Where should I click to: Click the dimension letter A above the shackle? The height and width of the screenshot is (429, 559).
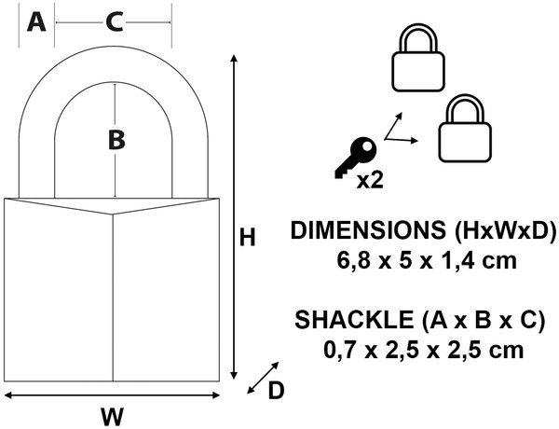pyautogui.click(x=36, y=22)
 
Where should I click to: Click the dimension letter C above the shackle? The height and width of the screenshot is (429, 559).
pyautogui.click(x=115, y=22)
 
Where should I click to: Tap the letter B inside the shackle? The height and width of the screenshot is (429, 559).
pyautogui.click(x=116, y=140)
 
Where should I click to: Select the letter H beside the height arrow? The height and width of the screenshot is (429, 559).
pyautogui.click(x=248, y=237)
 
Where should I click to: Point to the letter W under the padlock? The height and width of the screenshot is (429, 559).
pyautogui.click(x=113, y=416)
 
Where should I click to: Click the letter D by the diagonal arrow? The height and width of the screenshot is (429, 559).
pyautogui.click(x=276, y=391)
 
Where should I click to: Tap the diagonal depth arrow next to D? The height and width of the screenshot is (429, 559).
pyautogui.click(x=263, y=378)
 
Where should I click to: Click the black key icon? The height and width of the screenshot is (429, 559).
pyautogui.click(x=356, y=158)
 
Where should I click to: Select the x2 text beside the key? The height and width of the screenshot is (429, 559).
pyautogui.click(x=370, y=180)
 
